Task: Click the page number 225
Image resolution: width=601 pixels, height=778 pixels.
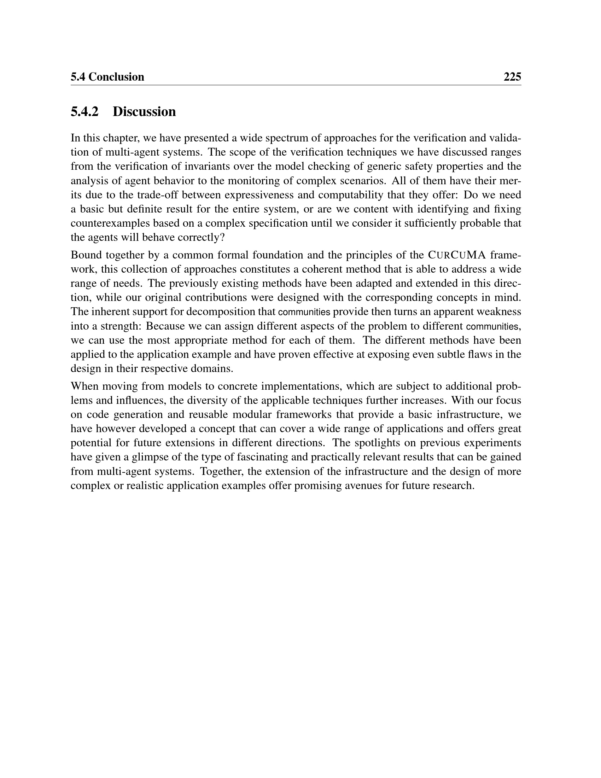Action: point(512,77)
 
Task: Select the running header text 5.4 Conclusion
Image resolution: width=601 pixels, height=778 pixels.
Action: point(107,77)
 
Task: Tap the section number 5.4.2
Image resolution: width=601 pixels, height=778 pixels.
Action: point(84,111)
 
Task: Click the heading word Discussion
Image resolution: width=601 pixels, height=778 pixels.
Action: point(144,111)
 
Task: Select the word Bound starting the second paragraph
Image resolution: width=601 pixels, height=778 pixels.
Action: point(84,255)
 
